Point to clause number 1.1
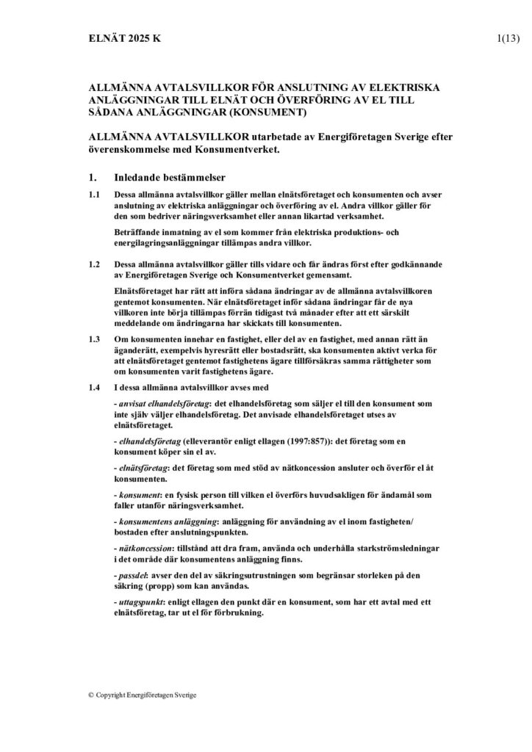[x=94, y=196]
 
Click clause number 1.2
[x=94, y=263]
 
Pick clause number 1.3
[x=94, y=340]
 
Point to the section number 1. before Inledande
[x=91, y=178]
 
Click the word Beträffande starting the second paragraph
[x=138, y=233]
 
